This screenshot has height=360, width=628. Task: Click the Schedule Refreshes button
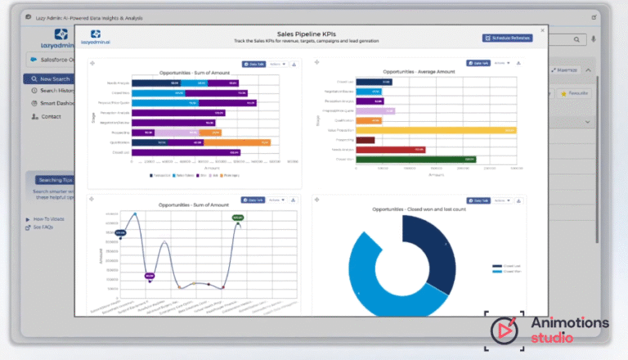coord(509,38)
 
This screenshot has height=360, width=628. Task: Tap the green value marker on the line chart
coord(238,218)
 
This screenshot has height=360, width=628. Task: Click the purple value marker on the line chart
coord(149,275)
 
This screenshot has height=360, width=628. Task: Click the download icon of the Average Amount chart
coord(521,63)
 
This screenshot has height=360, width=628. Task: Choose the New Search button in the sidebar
coord(52,79)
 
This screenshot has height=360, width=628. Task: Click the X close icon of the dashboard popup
coord(542,30)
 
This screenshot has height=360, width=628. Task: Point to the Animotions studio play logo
coord(505,330)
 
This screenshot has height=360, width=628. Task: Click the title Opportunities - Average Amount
coord(418,72)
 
